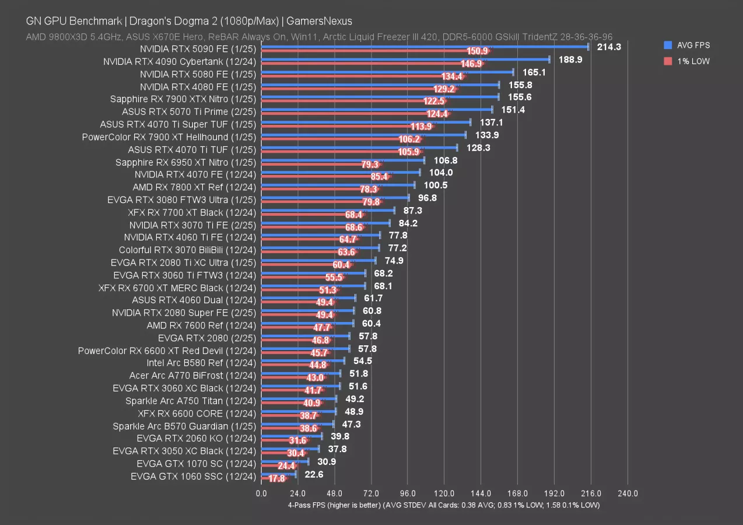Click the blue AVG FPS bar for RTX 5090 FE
click(425, 47)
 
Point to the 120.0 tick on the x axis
click(444, 494)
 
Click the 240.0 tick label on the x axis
click(628, 494)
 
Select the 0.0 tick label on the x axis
click(261, 494)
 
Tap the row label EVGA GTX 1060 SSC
click(193, 477)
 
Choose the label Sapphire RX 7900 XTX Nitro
click(183, 99)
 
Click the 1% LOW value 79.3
click(370, 164)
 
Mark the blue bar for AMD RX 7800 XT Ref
click(338, 185)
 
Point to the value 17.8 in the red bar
click(276, 479)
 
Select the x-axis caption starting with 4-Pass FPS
click(444, 505)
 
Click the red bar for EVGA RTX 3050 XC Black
click(277, 453)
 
